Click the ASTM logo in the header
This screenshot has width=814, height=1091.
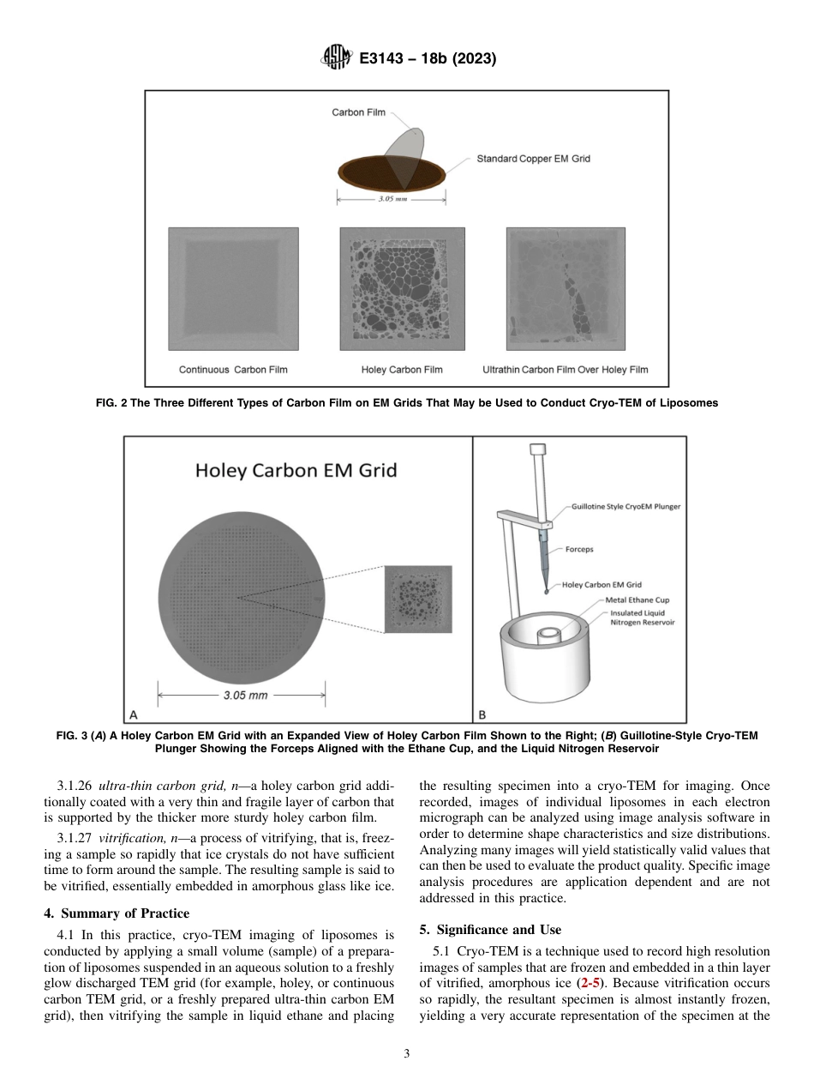(x=335, y=58)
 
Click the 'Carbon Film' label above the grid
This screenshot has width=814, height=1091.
(x=358, y=112)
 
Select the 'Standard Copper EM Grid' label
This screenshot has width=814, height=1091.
(x=533, y=159)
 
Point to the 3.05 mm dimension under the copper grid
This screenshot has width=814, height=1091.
(x=391, y=201)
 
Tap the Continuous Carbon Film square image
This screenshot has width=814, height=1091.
(x=233, y=288)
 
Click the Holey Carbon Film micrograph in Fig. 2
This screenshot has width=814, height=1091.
(x=403, y=288)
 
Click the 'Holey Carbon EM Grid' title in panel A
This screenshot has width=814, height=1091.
(x=296, y=470)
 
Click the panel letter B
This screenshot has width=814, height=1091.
(x=482, y=714)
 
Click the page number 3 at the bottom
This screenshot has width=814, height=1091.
(x=406, y=1054)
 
